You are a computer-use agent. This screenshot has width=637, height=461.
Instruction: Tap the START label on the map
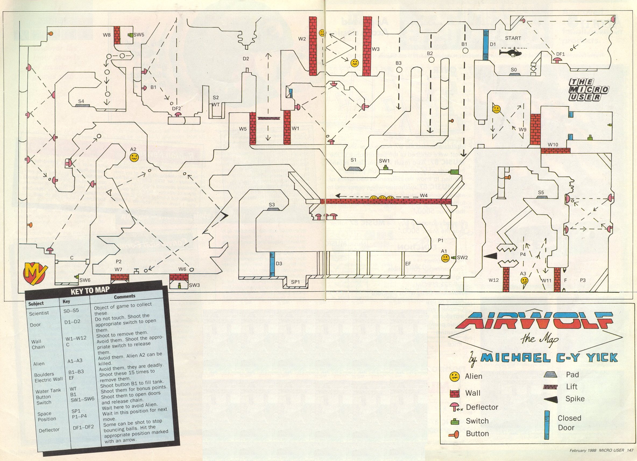pyautogui.click(x=513, y=38)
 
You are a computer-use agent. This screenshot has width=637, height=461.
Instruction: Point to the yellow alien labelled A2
pyautogui.click(x=134, y=157)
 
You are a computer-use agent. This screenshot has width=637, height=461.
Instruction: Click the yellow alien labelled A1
pyautogui.click(x=445, y=258)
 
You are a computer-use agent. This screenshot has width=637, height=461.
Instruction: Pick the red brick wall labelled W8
pyautogui.click(x=117, y=35)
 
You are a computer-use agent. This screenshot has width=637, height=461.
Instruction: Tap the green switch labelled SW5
pyautogui.click(x=131, y=35)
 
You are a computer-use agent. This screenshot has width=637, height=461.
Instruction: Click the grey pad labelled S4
pyautogui.click(x=82, y=105)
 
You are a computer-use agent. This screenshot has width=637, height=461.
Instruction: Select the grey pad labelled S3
pyautogui.click(x=272, y=209)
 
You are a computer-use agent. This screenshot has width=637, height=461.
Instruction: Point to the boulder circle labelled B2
pyautogui.click(x=431, y=60)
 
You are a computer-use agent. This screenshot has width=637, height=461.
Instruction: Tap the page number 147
pyautogui.click(x=628, y=450)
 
